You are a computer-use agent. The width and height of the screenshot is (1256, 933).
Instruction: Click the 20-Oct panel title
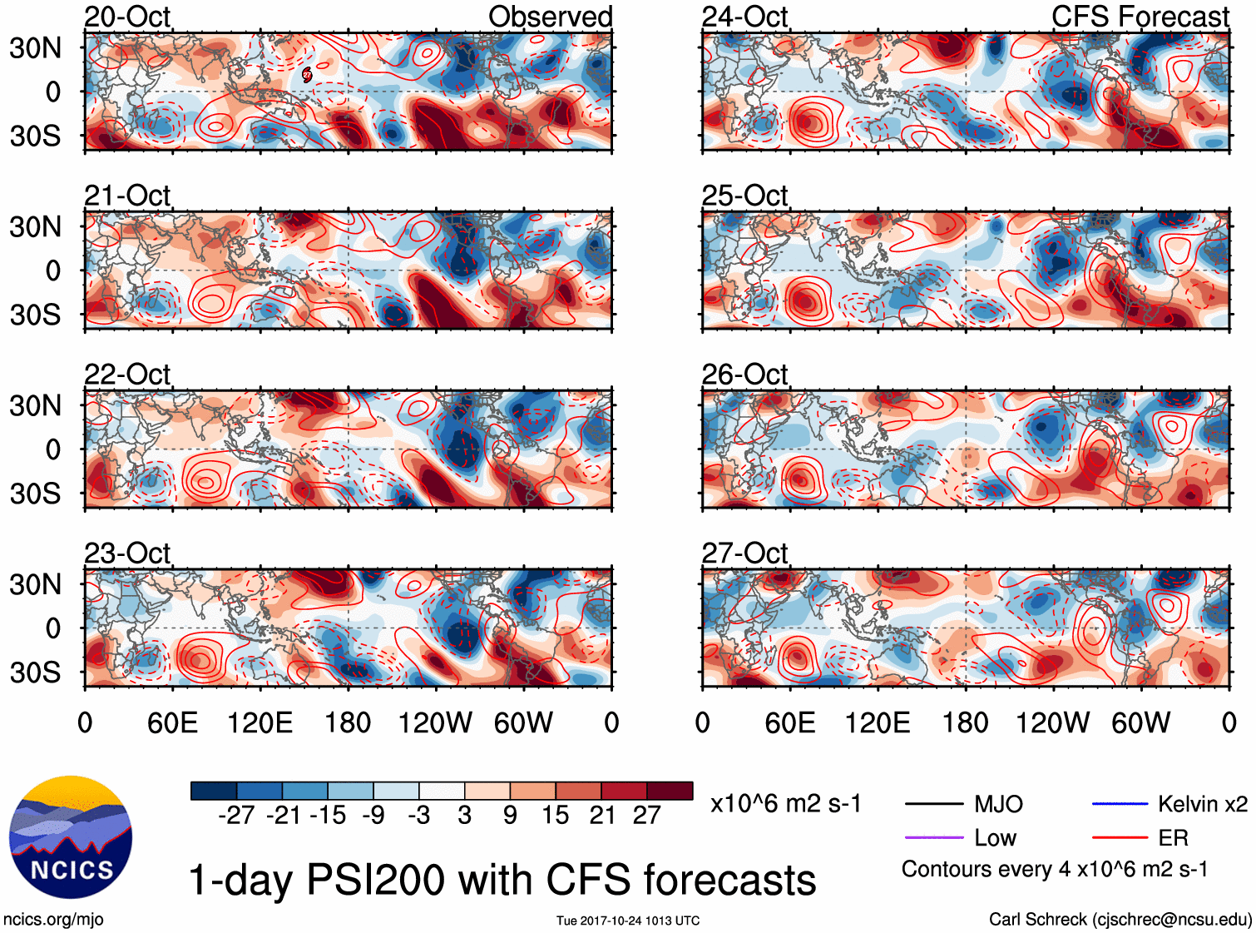click(x=127, y=17)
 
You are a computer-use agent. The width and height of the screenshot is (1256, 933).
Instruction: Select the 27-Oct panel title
click(x=744, y=553)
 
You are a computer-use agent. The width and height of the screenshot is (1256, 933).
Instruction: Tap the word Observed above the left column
click(x=550, y=17)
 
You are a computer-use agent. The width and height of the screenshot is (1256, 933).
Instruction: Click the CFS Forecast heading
click(x=1140, y=17)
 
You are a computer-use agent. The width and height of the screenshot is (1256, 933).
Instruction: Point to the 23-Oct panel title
click(x=127, y=553)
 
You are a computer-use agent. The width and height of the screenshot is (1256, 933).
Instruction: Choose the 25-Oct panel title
click(x=744, y=196)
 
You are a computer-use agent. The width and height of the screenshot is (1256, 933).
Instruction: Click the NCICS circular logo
click(x=71, y=837)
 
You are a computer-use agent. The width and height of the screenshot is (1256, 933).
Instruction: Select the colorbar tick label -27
click(x=235, y=816)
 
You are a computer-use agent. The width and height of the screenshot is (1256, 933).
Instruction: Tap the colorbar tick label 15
click(x=555, y=816)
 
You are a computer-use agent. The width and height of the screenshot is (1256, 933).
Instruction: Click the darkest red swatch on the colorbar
click(x=670, y=791)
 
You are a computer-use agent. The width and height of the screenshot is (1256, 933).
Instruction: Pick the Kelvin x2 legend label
click(x=1203, y=804)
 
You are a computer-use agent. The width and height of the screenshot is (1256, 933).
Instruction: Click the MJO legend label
click(x=998, y=804)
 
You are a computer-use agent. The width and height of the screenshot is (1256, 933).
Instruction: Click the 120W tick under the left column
click(x=435, y=722)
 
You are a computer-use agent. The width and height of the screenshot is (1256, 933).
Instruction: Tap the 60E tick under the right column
click(x=789, y=722)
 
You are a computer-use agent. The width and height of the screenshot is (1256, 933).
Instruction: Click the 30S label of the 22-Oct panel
click(x=35, y=494)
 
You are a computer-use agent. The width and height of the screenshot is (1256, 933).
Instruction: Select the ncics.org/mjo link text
click(x=53, y=920)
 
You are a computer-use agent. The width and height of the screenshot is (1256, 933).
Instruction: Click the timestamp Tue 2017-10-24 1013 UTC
click(x=628, y=921)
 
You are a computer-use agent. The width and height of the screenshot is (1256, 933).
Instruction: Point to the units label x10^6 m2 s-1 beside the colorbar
click(x=785, y=804)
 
